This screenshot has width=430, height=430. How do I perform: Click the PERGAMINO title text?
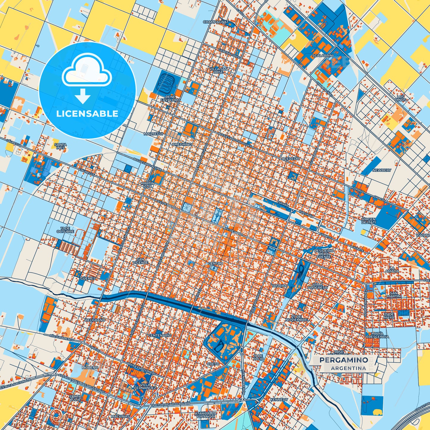343,360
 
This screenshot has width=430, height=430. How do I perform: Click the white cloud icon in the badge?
87,71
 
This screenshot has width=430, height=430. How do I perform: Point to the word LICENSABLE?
87,114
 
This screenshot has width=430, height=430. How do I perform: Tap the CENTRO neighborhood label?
215,264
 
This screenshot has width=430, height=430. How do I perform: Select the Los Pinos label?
401,98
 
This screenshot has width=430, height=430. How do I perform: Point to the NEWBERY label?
382,170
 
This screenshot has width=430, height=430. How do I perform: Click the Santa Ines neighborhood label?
60,146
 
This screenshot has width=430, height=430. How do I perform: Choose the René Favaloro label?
170,98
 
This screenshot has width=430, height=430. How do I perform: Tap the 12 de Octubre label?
65,230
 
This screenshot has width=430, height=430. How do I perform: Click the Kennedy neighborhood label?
279,400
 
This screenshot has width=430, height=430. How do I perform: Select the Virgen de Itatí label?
368,221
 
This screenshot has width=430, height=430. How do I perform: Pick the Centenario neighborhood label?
160,335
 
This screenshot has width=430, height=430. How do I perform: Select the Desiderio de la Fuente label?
324,254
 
